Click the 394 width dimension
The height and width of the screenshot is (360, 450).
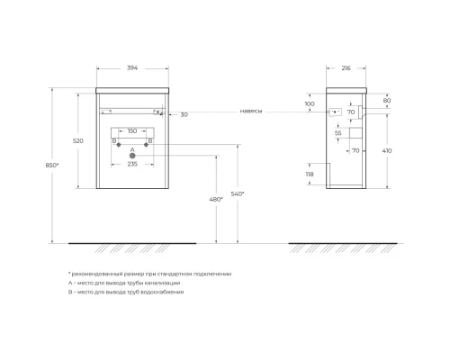(x=131, y=67)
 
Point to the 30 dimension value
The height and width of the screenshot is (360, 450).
(x=184, y=114)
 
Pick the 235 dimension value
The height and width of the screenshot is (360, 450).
(x=131, y=164)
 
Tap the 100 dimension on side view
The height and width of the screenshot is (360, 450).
(x=310, y=104)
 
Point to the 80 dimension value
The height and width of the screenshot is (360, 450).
(x=387, y=101)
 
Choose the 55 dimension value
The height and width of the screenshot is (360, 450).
(x=337, y=132)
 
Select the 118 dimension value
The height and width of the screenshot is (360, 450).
(x=310, y=176)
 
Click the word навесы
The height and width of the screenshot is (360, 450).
(x=251, y=111)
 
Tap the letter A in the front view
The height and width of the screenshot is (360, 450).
(x=131, y=148)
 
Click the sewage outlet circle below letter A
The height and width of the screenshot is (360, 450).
(x=131, y=156)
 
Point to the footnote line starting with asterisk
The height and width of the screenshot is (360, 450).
(x=149, y=273)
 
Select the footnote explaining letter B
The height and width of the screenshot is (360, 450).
(x=125, y=292)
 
